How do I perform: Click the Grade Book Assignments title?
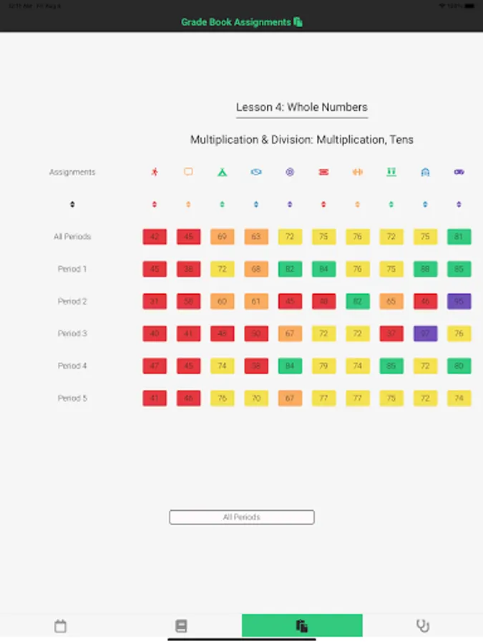coord(237,22)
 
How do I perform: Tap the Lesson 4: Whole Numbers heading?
coord(301,107)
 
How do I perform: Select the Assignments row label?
coord(72,172)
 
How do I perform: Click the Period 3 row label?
coord(72,333)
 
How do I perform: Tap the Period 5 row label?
coord(72,398)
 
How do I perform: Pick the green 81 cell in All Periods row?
coord(459,237)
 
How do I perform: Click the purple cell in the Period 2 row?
coord(459,301)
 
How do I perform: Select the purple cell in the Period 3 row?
coord(425,333)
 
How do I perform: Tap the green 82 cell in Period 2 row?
coord(357,301)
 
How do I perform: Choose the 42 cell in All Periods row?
coord(155,237)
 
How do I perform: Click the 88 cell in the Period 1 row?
coord(425,269)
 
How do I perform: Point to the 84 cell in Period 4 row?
coord(290,366)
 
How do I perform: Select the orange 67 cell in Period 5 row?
coord(290,398)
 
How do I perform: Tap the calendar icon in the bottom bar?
coord(61,626)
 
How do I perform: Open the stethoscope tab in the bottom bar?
coord(423,626)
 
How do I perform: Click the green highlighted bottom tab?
coord(302,626)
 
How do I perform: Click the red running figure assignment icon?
coord(155,172)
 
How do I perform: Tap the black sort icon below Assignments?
coord(72,205)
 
